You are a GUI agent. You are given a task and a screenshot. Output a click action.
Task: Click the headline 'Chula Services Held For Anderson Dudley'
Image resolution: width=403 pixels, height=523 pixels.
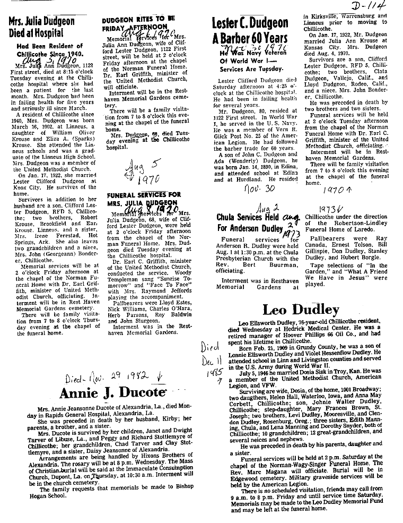coord(247,221)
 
